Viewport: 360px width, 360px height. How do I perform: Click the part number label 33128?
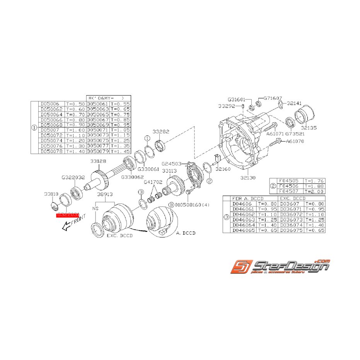[98, 161]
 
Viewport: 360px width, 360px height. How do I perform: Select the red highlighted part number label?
[68, 215]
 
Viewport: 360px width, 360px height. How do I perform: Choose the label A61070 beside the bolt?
[295, 141]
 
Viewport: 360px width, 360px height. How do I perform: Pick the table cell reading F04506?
[287, 186]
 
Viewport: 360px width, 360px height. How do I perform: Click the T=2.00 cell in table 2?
[314, 191]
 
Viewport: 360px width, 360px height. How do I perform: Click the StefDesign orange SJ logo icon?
[240, 268]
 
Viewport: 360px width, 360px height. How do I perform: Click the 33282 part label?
[160, 131]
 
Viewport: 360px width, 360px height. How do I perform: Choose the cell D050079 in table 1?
[98, 152]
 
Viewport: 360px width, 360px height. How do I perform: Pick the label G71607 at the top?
[273, 99]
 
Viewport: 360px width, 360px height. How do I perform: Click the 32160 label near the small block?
[223, 169]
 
